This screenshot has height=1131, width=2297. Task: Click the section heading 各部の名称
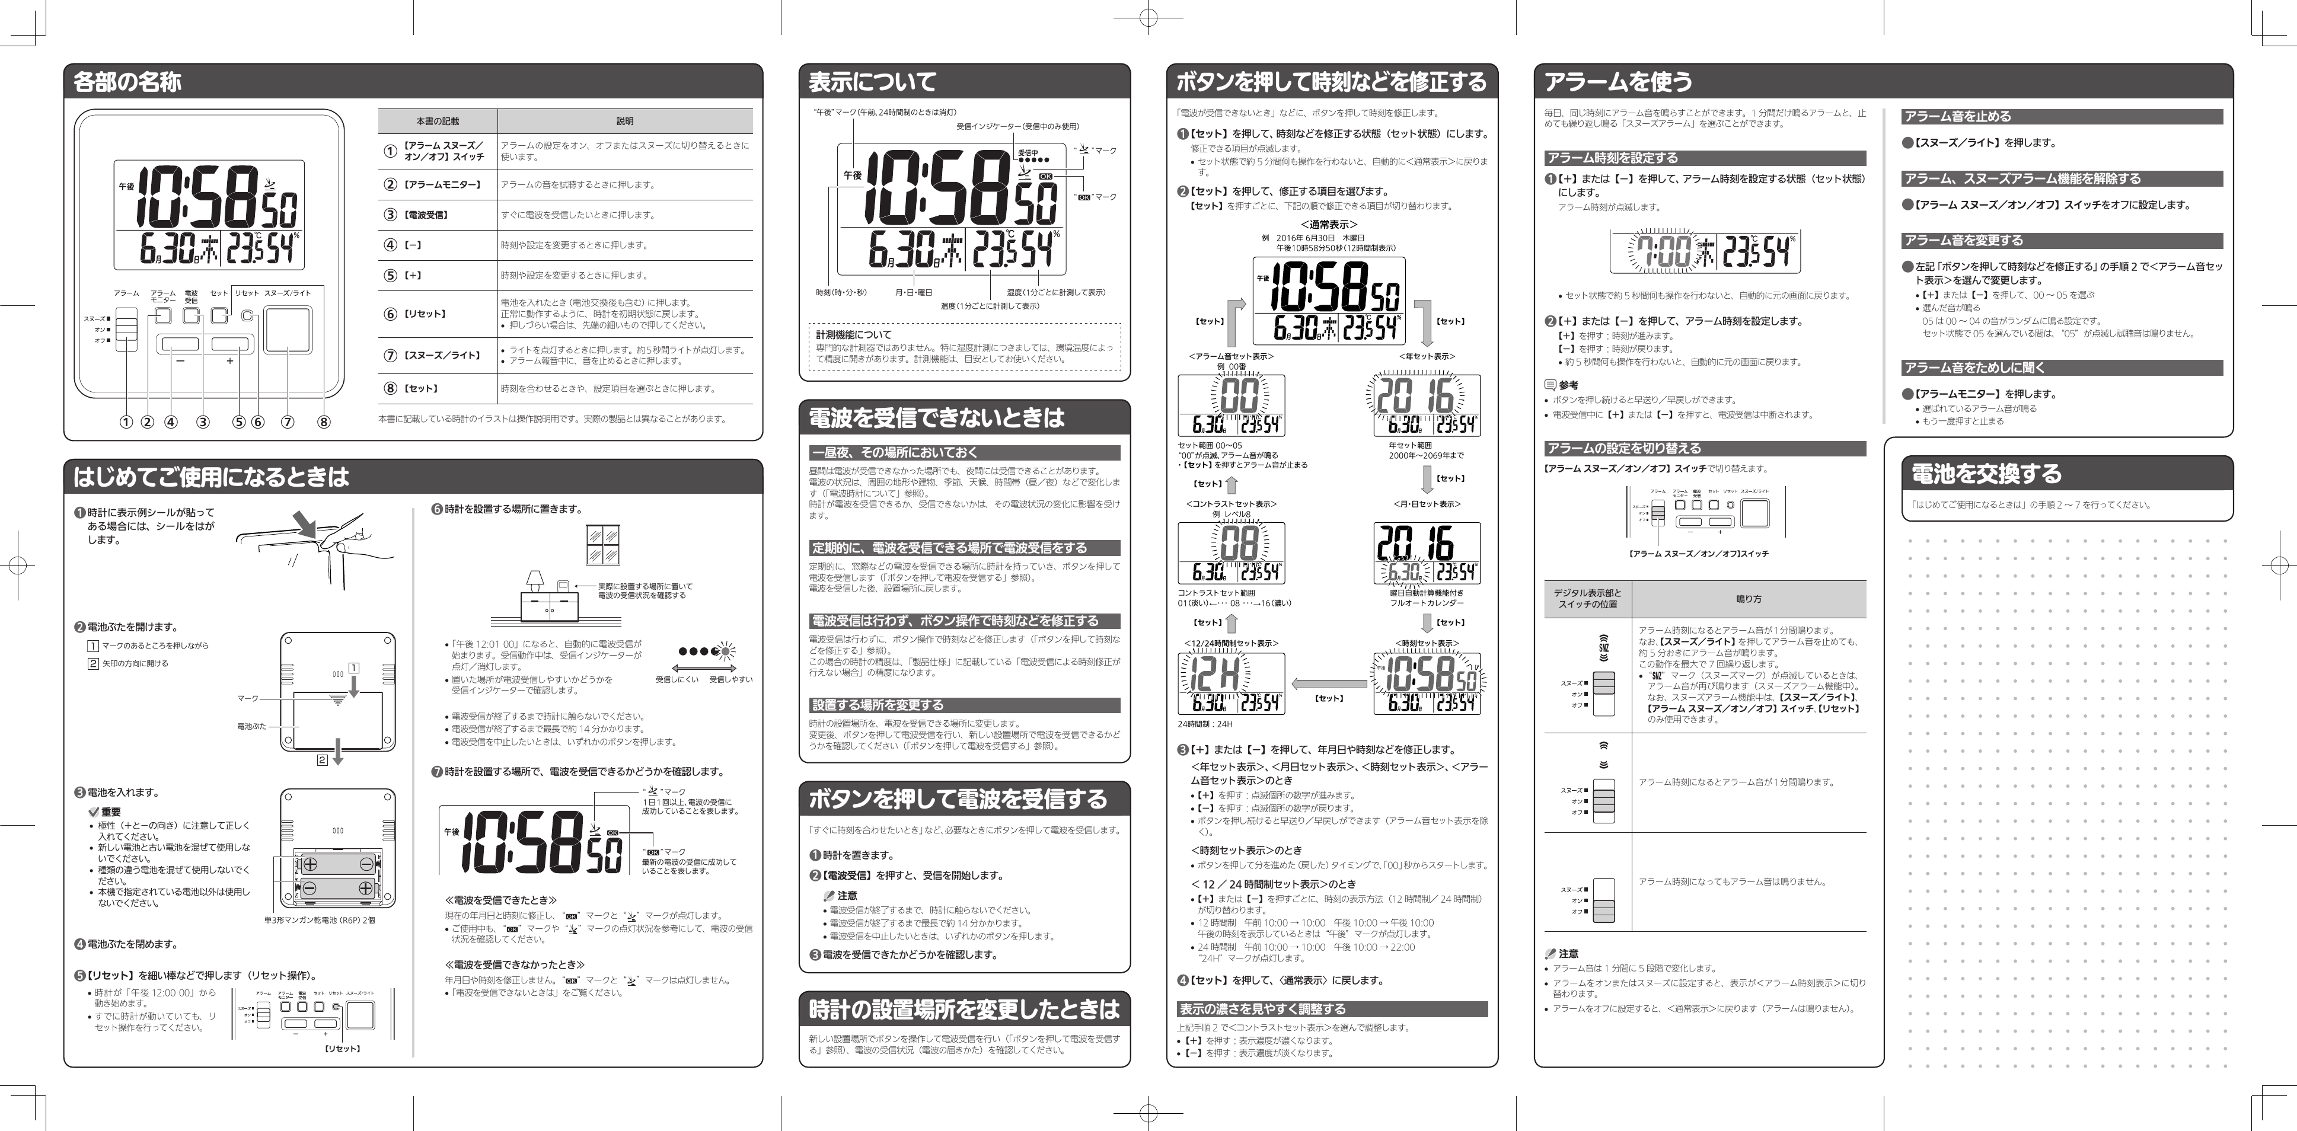tap(127, 82)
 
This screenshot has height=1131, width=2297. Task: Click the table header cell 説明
tap(624, 121)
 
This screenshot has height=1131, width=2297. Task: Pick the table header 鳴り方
tap(1749, 599)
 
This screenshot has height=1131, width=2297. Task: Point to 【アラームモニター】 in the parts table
tap(442, 184)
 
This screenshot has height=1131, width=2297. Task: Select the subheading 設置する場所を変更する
tap(876, 705)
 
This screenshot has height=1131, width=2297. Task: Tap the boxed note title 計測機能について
tap(853, 334)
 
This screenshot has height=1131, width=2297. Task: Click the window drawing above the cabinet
tap(603, 545)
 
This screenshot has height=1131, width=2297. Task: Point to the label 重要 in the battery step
tap(110, 812)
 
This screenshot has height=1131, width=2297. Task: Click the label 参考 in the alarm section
tap(1568, 385)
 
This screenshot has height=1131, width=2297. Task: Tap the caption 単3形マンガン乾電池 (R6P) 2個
tap(319, 919)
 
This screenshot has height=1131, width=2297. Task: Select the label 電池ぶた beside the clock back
tap(251, 726)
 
